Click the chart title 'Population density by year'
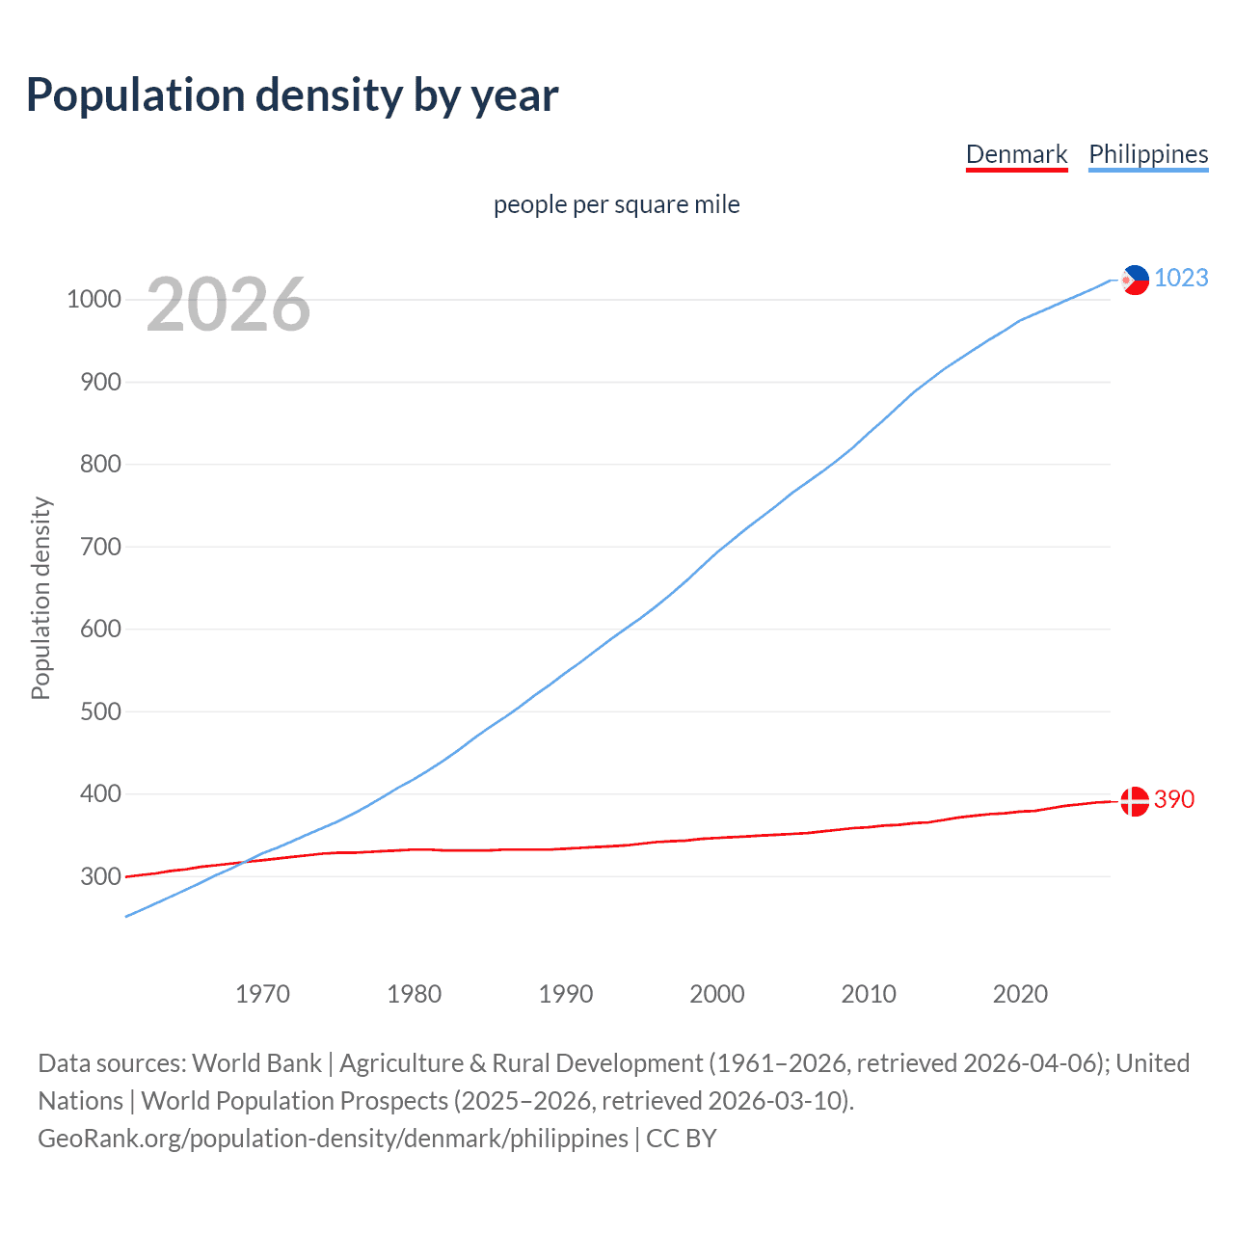(292, 95)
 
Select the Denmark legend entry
(1016, 154)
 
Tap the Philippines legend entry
(1148, 154)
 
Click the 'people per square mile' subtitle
(617, 204)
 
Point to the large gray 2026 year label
(228, 305)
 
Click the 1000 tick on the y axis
(94, 300)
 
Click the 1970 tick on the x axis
(262, 994)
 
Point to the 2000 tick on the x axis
(717, 994)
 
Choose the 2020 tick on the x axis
(1020, 994)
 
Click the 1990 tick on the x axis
(566, 994)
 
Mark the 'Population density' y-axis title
(40, 598)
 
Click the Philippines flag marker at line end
(1136, 280)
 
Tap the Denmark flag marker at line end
(1135, 801)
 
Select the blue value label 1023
(1181, 278)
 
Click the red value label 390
(1174, 799)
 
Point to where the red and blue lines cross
(245, 861)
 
